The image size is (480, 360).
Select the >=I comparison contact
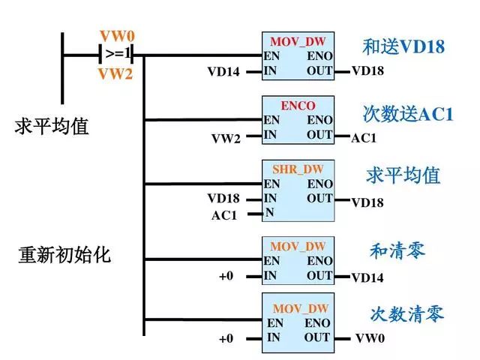tap(118, 54)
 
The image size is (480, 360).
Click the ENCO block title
tap(298, 105)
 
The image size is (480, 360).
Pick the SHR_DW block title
tap(298, 169)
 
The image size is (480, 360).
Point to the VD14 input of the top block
tap(223, 73)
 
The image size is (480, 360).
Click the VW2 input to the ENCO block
tap(226, 139)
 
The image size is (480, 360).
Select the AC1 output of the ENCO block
tap(364, 139)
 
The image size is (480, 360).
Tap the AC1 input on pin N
tap(223, 215)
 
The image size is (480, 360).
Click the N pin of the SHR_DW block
tap(269, 212)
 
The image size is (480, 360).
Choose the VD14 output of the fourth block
tap(367, 278)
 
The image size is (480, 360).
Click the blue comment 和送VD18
tap(403, 47)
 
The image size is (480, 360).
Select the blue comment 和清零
tap(397, 250)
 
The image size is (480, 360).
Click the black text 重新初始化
tap(64, 255)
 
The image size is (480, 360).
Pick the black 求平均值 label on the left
tap(52, 126)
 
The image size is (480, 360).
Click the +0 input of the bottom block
tap(226, 339)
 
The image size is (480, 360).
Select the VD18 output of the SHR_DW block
tap(367, 202)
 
